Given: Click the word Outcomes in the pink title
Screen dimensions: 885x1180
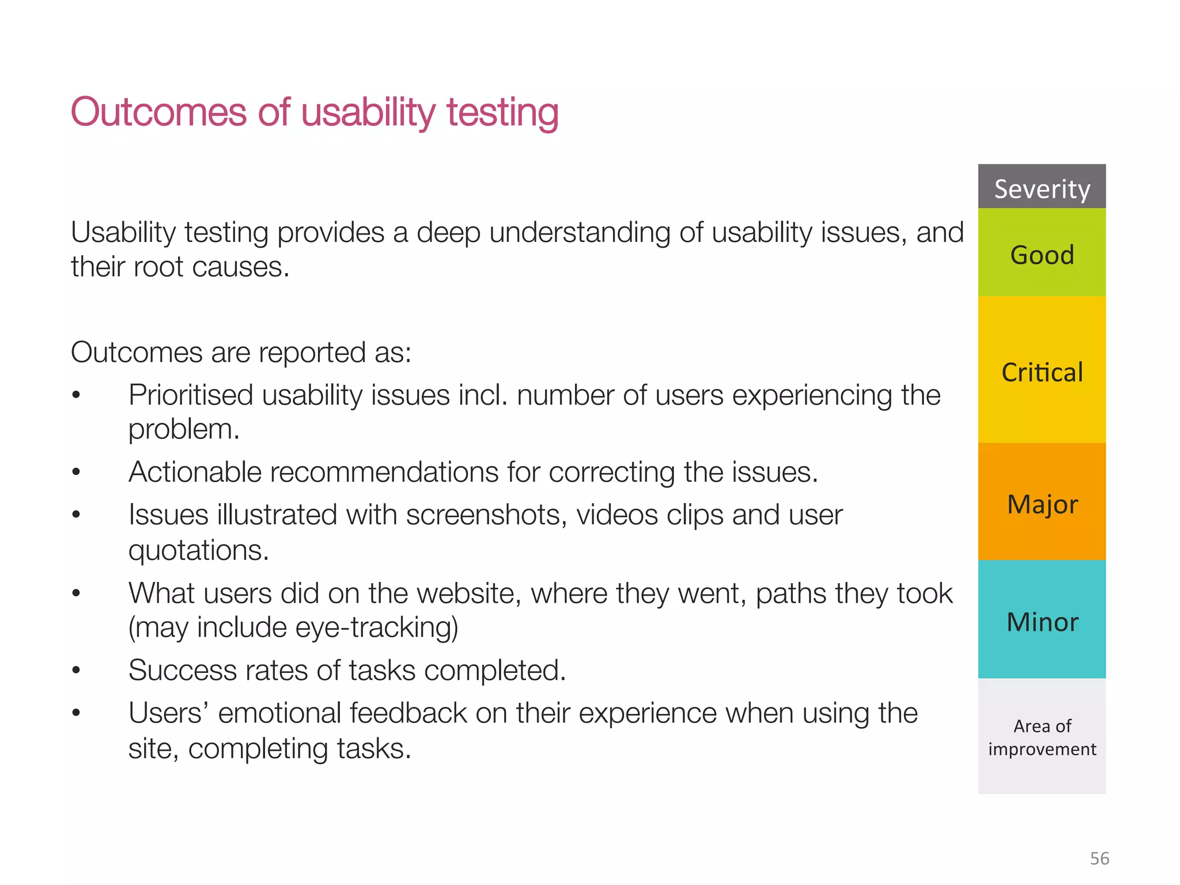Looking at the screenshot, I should pyautogui.click(x=158, y=112).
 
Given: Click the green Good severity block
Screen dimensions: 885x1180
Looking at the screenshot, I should pyautogui.click(x=1042, y=254).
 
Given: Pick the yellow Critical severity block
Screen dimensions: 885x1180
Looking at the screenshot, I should pyautogui.click(x=1042, y=371).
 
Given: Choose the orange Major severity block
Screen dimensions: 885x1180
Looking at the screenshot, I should pyautogui.click(x=1042, y=502).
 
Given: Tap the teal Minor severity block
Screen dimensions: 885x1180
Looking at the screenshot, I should pyautogui.click(x=1042, y=621).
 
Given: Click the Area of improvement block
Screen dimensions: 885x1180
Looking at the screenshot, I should pyautogui.click(x=1042, y=736).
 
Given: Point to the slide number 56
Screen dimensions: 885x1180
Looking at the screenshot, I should pyautogui.click(x=1099, y=858).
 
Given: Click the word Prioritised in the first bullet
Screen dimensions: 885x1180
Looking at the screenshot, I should pyautogui.click(x=190, y=396).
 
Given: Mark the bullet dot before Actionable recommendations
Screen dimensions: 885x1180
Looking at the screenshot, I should pyautogui.click(x=76, y=472).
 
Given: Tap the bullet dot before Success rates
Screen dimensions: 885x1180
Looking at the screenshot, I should pyautogui.click(x=76, y=671).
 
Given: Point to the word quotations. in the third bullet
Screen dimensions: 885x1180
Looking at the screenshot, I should pyautogui.click(x=199, y=550).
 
